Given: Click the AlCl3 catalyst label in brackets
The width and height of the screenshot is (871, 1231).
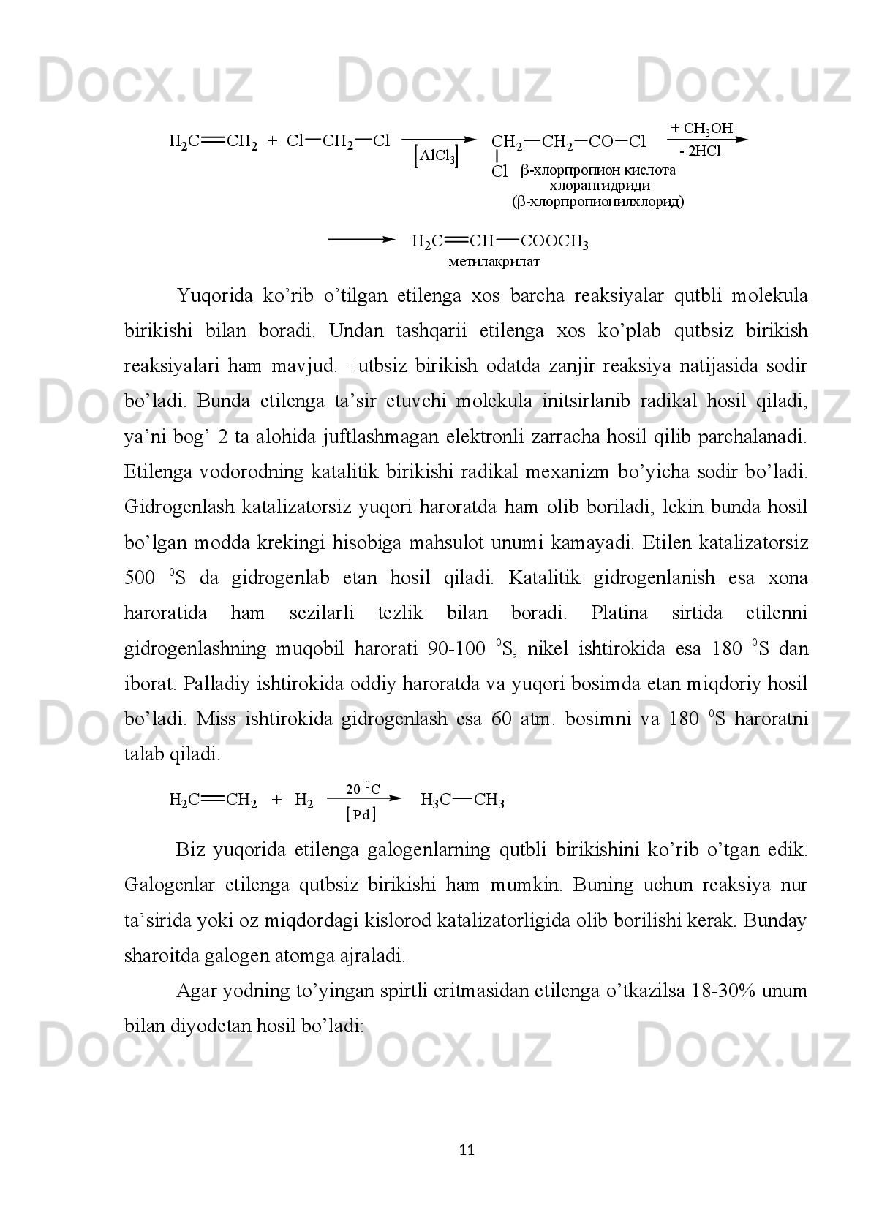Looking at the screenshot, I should pyautogui.click(x=437, y=156).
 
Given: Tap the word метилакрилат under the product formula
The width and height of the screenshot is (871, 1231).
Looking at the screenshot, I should pyautogui.click(x=494, y=260).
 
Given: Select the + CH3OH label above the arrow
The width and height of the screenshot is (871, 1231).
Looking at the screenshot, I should pyautogui.click(x=701, y=129).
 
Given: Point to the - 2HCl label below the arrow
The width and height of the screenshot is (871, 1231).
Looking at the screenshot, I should pyautogui.click(x=700, y=151).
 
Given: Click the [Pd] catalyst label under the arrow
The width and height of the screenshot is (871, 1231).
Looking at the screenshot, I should pyautogui.click(x=361, y=814).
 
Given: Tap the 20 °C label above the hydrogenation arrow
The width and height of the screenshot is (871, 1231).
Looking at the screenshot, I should pyautogui.click(x=363, y=789).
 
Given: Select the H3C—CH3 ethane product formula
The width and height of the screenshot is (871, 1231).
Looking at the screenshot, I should pyautogui.click(x=463, y=800).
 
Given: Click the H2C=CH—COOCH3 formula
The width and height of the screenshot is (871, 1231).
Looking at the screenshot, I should pyautogui.click(x=500, y=241).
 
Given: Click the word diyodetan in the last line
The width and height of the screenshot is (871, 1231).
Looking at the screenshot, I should pyautogui.click(x=216, y=1026).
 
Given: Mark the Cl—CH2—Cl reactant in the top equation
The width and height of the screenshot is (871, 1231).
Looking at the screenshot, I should pyautogui.click(x=339, y=140).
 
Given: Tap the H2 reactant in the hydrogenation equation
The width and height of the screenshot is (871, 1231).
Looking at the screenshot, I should pyautogui.click(x=303, y=800).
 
